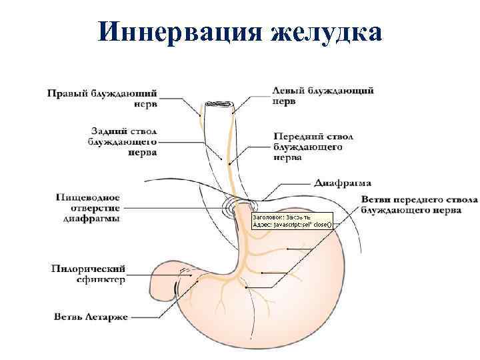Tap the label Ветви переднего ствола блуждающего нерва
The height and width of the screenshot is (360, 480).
419,205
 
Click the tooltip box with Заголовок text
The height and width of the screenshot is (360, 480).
291,221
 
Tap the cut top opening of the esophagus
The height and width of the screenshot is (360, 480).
218,105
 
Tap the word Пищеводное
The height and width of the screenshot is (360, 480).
88,197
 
